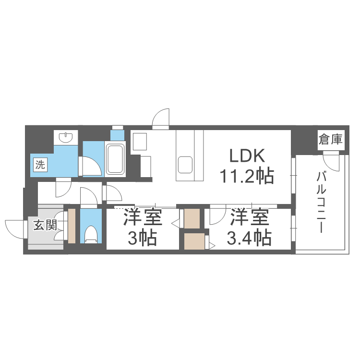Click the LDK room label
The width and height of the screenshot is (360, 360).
click(247, 156)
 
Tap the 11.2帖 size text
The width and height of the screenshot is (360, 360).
click(247, 176)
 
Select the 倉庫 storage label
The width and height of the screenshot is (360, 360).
click(331, 139)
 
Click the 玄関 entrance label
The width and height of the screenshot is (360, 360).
click(45, 225)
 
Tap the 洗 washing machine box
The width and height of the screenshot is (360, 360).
click(40, 165)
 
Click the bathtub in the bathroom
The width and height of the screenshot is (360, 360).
click(115, 159)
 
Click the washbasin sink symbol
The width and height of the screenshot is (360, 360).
click(66, 137)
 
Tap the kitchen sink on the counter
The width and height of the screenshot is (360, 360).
click(185, 165)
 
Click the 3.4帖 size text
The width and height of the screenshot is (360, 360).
click(249, 238)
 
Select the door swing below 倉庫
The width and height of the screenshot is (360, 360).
click(331, 162)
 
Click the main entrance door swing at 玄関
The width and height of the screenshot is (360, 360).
click(14, 229)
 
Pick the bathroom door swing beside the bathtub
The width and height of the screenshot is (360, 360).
click(92, 166)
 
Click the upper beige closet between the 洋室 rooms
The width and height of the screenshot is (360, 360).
click(192, 218)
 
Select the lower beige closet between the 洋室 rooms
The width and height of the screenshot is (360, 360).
click(194, 241)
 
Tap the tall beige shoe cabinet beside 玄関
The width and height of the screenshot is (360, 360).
click(72, 226)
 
